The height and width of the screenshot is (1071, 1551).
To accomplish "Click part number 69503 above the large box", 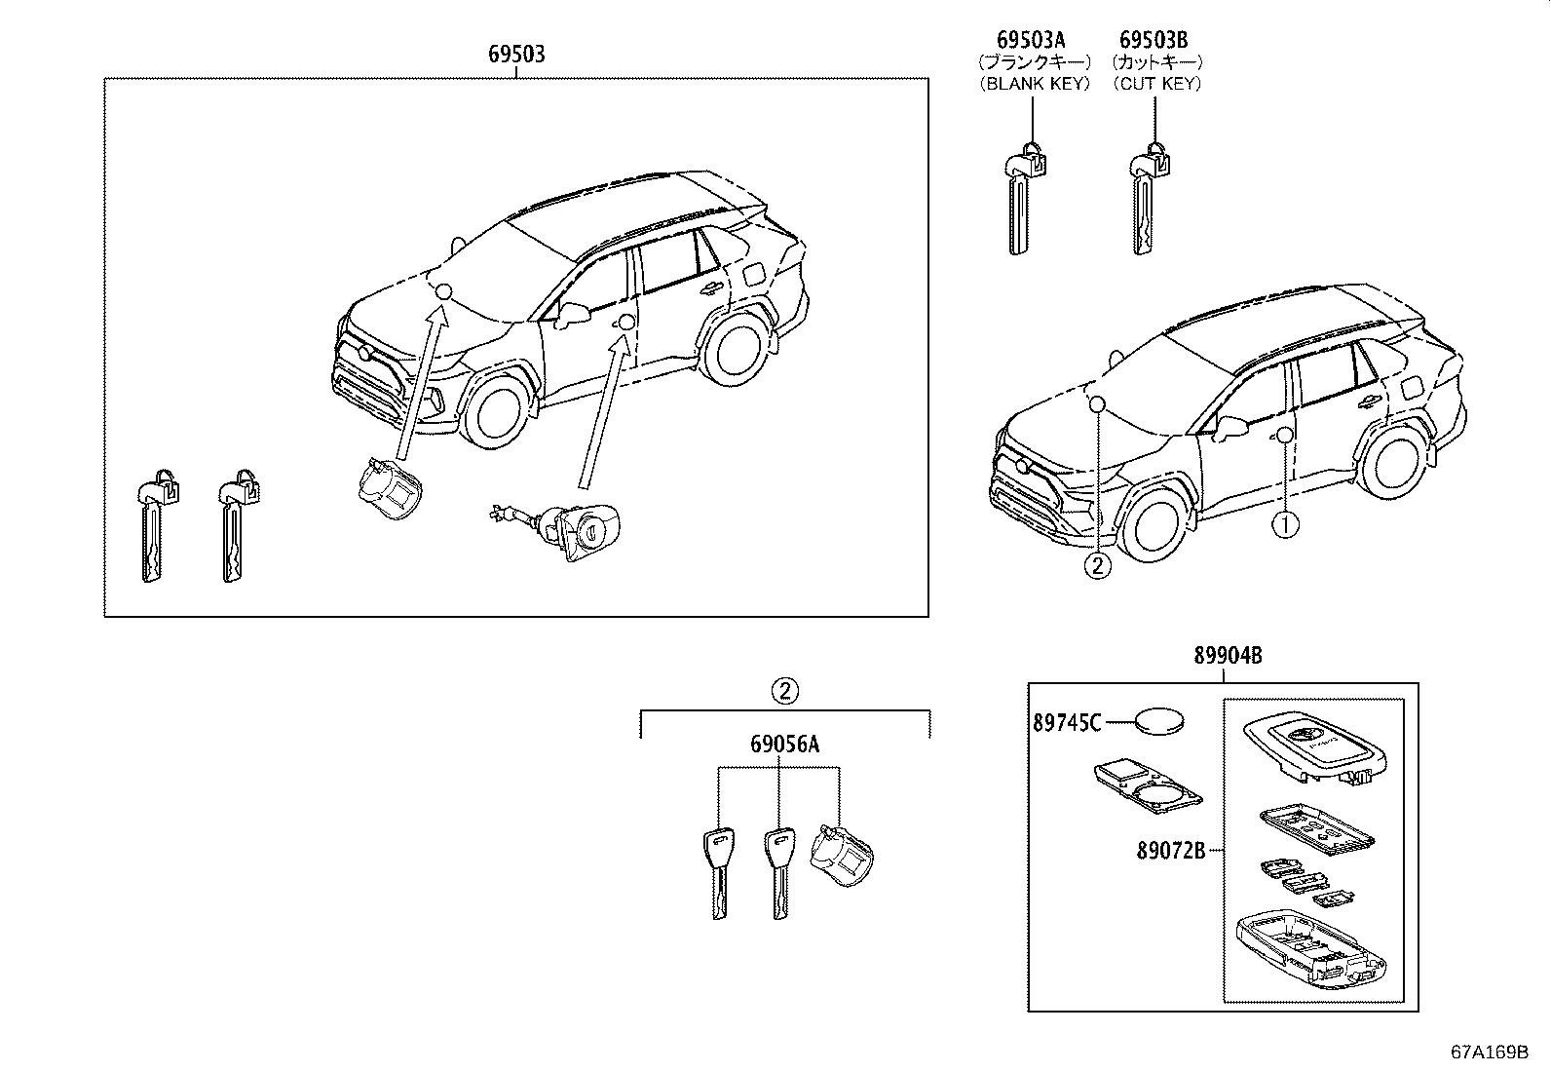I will (x=515, y=55).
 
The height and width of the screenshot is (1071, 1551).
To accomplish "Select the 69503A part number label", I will (x=1031, y=40).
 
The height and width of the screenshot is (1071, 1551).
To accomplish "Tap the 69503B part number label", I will (x=1154, y=40).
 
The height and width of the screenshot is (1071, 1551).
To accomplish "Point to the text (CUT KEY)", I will (x=1157, y=84).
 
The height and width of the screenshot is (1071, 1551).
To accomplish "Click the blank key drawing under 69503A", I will (x=1020, y=200).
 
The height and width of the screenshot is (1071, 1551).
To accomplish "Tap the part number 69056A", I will (x=784, y=746).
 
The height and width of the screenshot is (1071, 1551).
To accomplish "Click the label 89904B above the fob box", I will (x=1228, y=657).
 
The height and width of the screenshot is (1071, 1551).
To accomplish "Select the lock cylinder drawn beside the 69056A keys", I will (x=843, y=857).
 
